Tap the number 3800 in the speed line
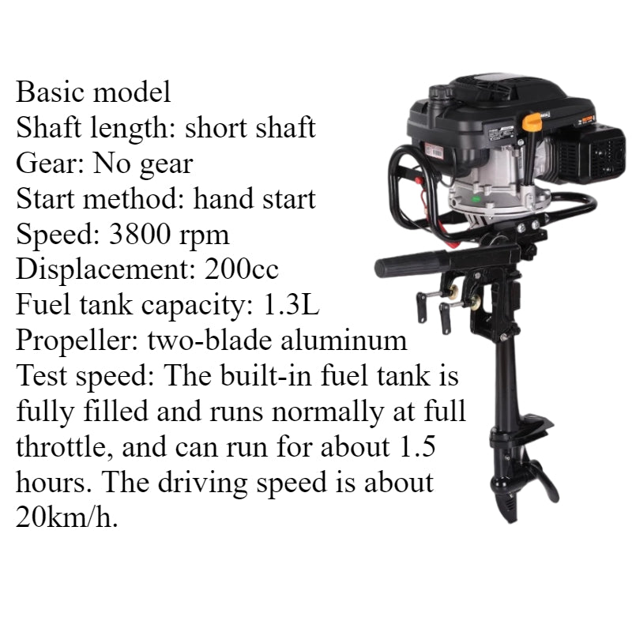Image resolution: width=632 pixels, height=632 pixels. pyautogui.click(x=140, y=234)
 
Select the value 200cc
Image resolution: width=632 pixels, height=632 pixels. pyautogui.click(x=242, y=269)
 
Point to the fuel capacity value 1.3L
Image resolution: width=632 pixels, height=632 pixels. pyautogui.click(x=291, y=304)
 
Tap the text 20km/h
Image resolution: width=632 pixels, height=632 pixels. pyautogui.click(x=67, y=517)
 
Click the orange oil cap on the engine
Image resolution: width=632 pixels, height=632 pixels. pyautogui.click(x=532, y=122)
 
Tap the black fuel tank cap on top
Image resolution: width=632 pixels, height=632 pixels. pyautogui.click(x=441, y=93)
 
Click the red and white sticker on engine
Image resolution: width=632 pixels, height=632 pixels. pyautogui.click(x=434, y=152)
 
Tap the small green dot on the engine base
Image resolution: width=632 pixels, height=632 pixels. pyautogui.click(x=476, y=199)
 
